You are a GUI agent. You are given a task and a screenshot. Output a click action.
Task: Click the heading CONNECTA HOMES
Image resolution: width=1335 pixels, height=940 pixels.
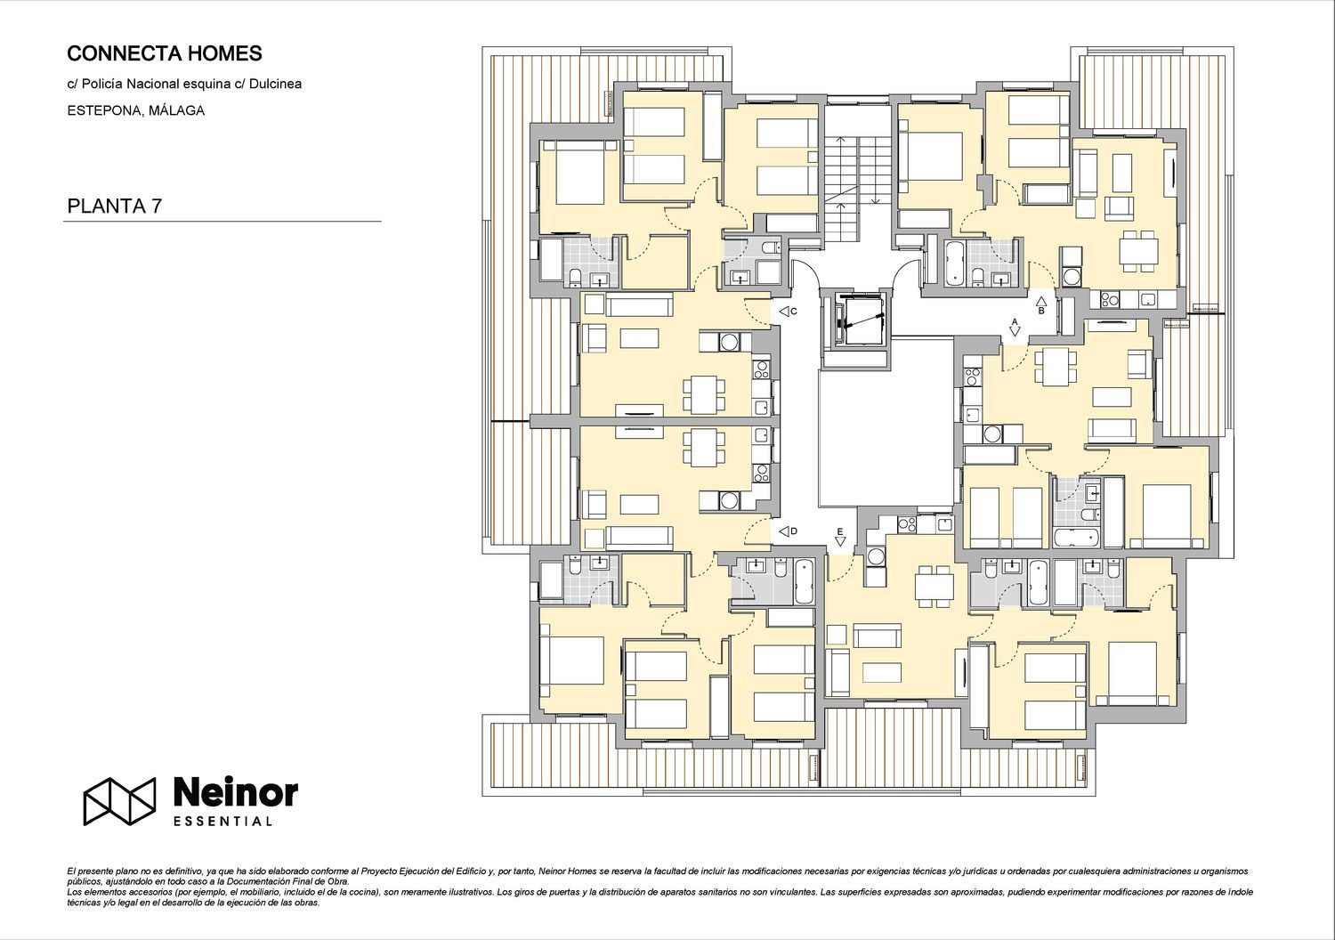coord(165,53)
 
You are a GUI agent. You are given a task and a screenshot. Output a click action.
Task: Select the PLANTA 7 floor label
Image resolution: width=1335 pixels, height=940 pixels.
coord(115,207)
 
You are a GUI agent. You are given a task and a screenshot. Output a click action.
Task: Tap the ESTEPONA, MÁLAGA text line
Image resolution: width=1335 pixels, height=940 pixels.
coord(136,111)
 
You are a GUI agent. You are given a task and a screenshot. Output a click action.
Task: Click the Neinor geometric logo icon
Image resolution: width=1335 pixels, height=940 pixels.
coord(119,801)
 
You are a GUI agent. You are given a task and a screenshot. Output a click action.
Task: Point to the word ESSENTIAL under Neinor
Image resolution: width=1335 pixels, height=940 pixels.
coord(222,822)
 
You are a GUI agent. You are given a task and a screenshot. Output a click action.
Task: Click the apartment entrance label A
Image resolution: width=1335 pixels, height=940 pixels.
coord(1015,322)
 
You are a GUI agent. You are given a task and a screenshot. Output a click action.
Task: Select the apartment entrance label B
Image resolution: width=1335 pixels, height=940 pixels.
coord(1041,311)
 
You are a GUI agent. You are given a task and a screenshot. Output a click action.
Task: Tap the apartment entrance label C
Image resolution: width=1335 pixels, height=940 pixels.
coord(794,312)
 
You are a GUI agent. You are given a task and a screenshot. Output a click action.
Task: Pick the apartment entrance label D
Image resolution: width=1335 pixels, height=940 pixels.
coord(794,531)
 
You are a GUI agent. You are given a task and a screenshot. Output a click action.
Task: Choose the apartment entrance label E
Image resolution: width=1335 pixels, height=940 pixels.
coord(840,531)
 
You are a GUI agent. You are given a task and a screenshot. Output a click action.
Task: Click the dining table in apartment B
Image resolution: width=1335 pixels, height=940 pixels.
coord(1138,251)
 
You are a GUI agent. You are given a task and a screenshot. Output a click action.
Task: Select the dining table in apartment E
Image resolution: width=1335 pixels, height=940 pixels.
coord(934,587)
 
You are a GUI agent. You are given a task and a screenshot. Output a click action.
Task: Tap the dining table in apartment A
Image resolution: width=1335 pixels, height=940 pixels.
coord(1055,366)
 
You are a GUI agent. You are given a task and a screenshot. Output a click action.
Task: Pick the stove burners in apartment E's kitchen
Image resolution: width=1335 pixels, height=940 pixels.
coord(907,524)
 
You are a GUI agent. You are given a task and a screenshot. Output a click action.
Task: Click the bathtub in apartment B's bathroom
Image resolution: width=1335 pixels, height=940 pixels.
coord(955,263)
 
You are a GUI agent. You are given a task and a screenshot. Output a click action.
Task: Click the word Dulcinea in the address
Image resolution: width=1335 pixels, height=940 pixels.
coord(275,84)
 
